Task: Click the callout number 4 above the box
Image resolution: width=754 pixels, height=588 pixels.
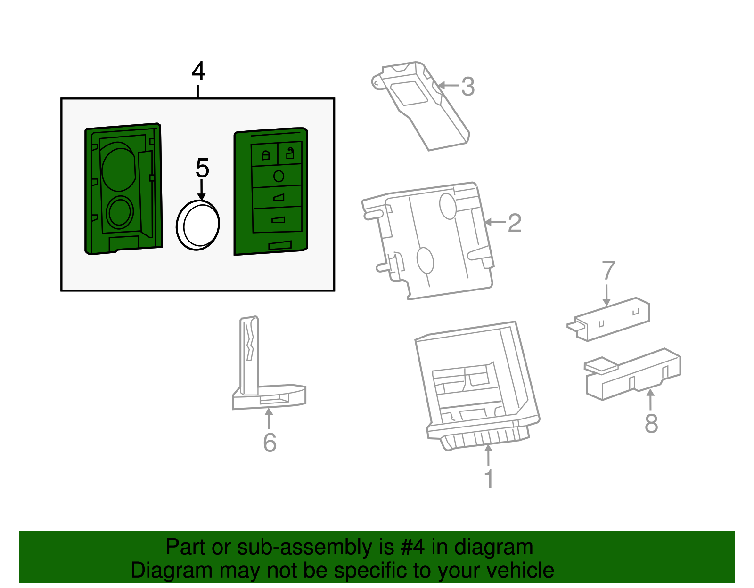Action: [198, 72]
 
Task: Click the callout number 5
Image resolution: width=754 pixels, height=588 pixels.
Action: [202, 168]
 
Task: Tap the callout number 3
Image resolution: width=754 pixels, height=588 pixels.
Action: [468, 86]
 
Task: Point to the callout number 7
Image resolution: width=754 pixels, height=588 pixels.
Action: [608, 271]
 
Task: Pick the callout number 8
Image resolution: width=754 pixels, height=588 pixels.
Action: [651, 423]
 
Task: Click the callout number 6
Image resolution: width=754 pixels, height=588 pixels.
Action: [270, 443]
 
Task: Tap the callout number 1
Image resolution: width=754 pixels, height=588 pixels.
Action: [489, 478]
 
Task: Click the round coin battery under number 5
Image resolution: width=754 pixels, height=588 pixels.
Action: [198, 225]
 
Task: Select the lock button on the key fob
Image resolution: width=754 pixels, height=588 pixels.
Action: [265, 154]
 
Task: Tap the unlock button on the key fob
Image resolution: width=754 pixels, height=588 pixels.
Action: [290, 153]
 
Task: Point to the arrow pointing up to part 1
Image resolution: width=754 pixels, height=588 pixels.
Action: [488, 455]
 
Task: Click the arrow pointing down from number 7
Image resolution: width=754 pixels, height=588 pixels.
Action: [606, 295]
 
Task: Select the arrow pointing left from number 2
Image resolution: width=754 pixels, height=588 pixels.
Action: [495, 222]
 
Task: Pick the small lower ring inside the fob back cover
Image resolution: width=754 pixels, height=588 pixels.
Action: [119, 212]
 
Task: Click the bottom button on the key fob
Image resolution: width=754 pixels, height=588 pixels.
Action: [278, 220]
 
